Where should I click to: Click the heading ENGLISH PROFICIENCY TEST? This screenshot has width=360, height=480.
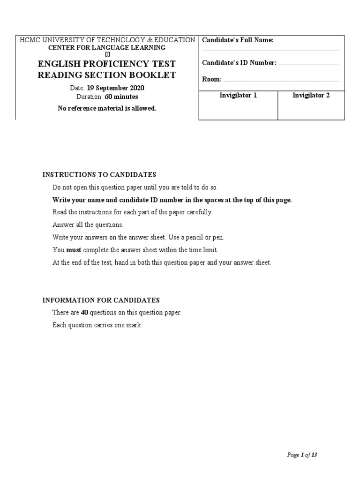107,63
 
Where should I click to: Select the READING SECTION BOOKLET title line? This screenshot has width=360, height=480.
107,75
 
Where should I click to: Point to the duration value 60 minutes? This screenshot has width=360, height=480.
121,97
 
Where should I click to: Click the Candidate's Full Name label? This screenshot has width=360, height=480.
238,40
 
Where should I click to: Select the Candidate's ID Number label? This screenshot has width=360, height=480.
239,63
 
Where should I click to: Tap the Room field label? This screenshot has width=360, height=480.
212,79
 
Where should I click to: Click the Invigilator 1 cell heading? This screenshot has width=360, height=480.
238,96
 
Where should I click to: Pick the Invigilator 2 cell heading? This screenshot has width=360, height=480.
311,96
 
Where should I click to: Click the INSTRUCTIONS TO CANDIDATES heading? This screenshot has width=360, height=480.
99,175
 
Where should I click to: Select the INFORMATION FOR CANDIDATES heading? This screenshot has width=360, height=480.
101,300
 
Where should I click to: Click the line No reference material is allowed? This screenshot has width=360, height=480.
107,108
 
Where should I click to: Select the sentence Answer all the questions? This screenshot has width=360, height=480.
88,225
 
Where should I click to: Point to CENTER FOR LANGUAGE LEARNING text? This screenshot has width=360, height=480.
107,48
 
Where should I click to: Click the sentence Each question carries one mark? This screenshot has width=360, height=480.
97,325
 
